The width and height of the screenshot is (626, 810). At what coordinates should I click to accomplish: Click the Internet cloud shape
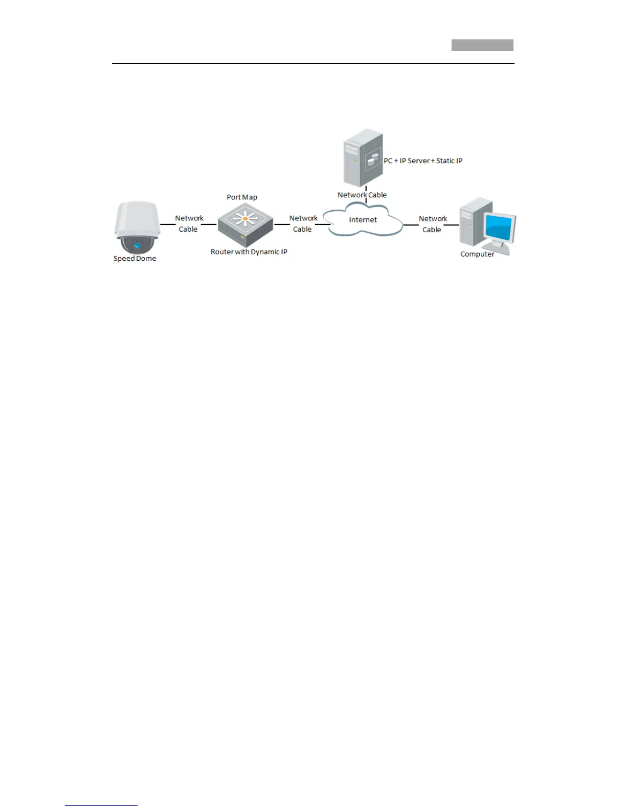point(364,220)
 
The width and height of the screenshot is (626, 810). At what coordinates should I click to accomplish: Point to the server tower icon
point(363,157)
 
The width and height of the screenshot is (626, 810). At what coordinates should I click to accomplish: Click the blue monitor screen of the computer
point(499,227)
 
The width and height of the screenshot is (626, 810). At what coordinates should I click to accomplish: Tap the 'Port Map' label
point(242,197)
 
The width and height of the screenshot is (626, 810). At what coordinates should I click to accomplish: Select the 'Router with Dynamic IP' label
point(249,252)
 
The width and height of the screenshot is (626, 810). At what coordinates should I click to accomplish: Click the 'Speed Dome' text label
point(135,259)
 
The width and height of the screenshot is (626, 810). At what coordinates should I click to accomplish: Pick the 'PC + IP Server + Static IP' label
point(423,161)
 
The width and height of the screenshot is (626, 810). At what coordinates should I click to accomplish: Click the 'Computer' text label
point(477,254)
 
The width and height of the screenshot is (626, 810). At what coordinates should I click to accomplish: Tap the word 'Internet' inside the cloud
point(363,220)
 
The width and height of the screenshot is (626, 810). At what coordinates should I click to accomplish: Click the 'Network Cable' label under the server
point(362,195)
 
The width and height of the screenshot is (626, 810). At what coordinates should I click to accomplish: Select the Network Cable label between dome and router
point(189,223)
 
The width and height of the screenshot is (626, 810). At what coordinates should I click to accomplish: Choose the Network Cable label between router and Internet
point(303,223)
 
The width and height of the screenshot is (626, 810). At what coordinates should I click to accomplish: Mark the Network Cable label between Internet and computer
point(433,224)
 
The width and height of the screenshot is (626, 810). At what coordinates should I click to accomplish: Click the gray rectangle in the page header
point(482,46)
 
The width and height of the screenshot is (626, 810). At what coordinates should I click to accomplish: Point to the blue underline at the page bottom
point(101,805)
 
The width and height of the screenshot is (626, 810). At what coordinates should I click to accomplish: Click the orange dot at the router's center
point(245,219)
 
